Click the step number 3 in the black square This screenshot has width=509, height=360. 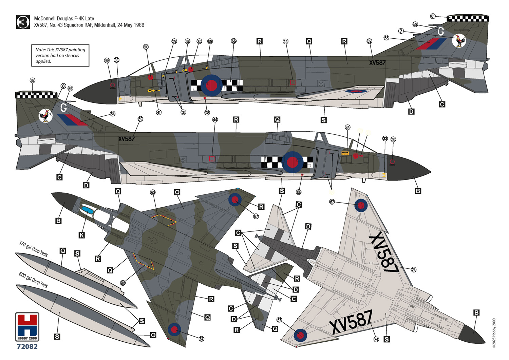[x=23, y=22]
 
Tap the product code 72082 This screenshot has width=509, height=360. [x=27, y=346]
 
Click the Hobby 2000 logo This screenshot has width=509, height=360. [x=27, y=327]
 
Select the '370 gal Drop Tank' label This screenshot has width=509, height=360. [x=33, y=249]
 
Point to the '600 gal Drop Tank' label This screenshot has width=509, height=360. [x=33, y=280]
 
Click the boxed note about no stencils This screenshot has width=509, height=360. [x=60, y=55]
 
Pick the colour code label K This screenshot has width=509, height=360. [x=81, y=235]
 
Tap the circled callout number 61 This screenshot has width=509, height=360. [x=433, y=16]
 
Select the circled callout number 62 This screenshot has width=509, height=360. [x=33, y=80]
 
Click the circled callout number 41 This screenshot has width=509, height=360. [x=158, y=112]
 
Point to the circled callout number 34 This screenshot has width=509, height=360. [x=347, y=127]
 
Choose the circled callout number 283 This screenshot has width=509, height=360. [x=153, y=192]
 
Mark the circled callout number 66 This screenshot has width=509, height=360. [x=233, y=41]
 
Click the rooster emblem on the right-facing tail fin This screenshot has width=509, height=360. [x=459, y=41]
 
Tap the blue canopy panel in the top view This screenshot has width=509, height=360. [x=87, y=210]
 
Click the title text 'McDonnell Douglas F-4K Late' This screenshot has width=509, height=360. [x=64, y=19]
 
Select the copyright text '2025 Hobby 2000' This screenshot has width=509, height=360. [x=494, y=333]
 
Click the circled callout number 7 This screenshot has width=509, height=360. [x=401, y=31]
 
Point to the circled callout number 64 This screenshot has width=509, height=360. [x=112, y=114]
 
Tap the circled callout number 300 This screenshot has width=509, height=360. [x=146, y=47]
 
